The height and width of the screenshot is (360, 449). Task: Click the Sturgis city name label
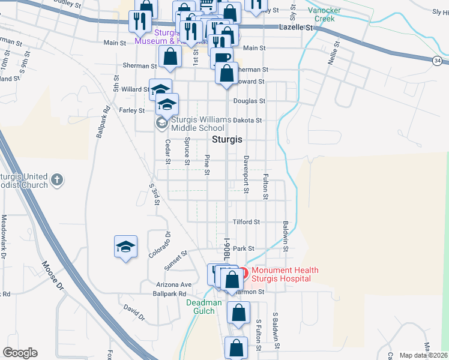coord(228,139)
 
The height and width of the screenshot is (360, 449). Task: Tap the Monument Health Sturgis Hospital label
coord(285,274)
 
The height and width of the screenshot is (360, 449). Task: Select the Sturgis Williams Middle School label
coord(200,124)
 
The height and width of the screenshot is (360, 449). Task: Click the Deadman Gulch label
coord(204,307)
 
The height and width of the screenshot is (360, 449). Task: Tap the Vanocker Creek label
coord(325,14)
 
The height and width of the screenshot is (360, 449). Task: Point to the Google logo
coord(20,353)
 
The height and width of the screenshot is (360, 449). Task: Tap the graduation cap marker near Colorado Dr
coord(126,247)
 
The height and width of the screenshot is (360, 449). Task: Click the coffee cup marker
coord(221,58)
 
